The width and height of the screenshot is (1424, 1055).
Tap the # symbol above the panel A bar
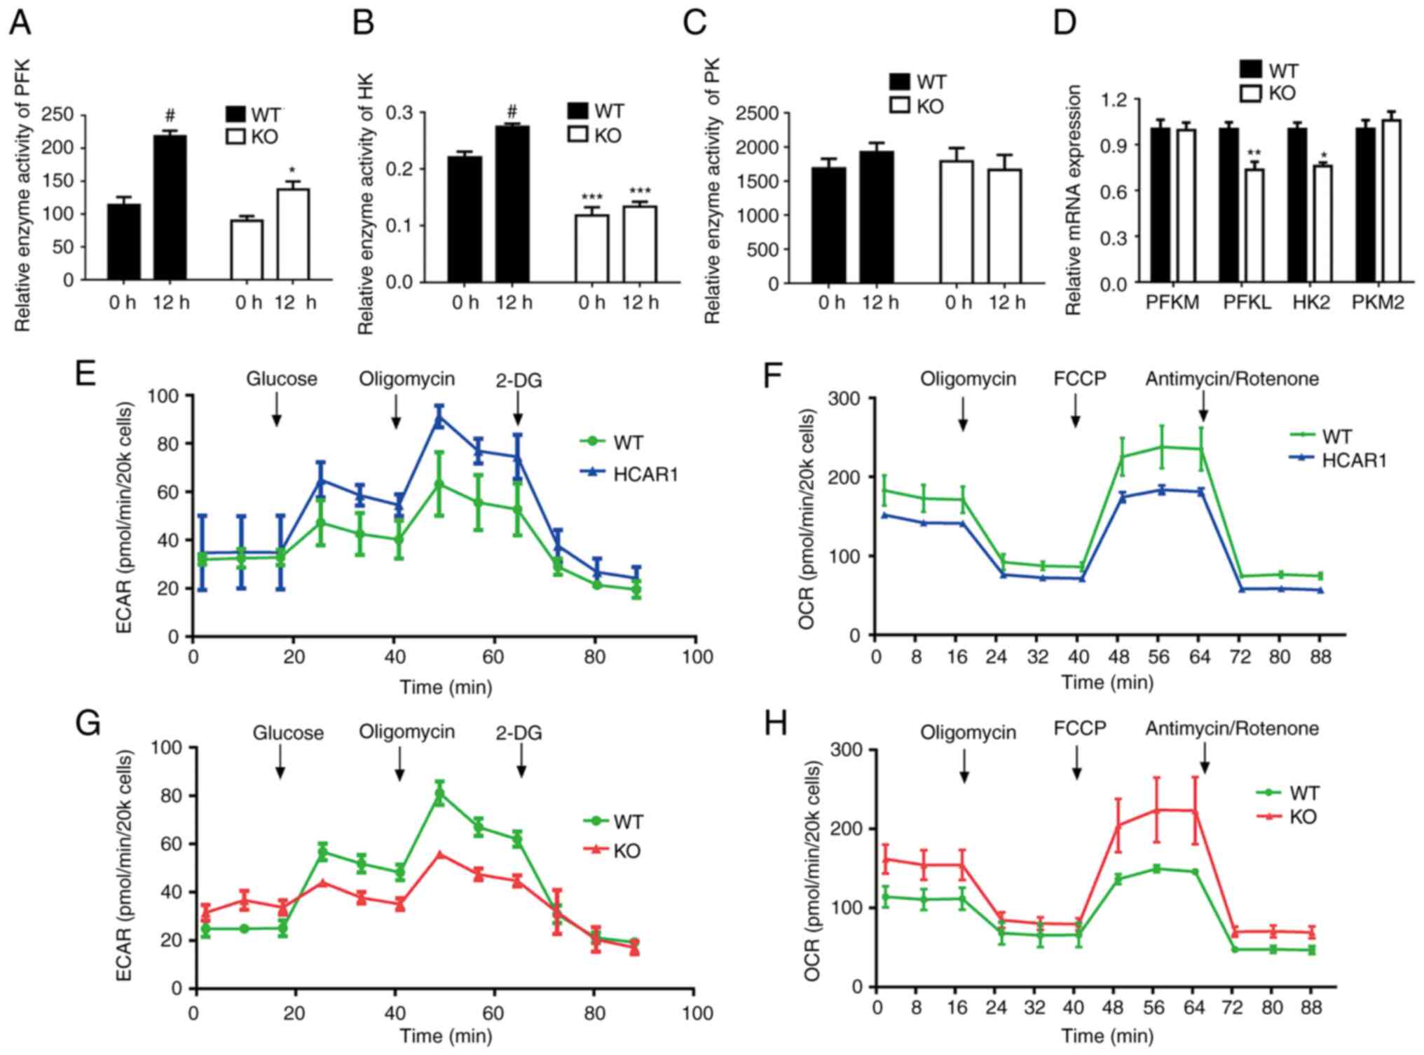pyautogui.click(x=170, y=115)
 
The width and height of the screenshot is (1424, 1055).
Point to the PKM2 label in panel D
pyautogui.click(x=1378, y=303)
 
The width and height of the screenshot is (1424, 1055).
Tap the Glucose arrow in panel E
pyautogui.click(x=277, y=409)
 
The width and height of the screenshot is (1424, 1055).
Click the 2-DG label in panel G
pyautogui.click(x=519, y=733)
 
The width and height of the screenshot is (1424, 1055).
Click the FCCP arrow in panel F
pyautogui.click(x=1076, y=411)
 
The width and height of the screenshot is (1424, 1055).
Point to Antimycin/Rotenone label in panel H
pyautogui.click(x=1232, y=729)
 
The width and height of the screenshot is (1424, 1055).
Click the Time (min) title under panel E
pyautogui.click(x=446, y=686)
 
